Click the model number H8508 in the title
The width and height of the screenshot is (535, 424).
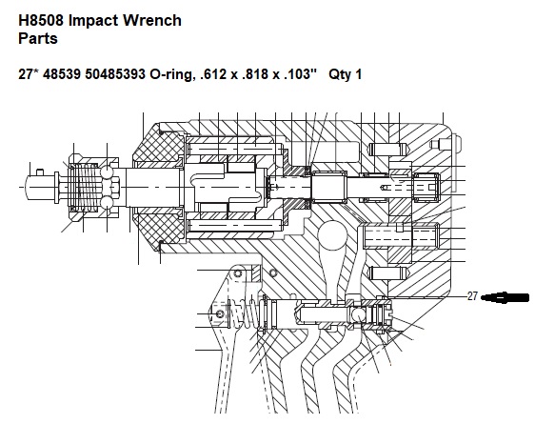pos(41,20)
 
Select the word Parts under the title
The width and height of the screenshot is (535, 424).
pos(38,38)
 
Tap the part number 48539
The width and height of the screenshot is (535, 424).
pos(62,73)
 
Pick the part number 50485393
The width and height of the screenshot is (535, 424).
pos(115,73)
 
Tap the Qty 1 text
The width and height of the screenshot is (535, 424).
pos(345,74)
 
